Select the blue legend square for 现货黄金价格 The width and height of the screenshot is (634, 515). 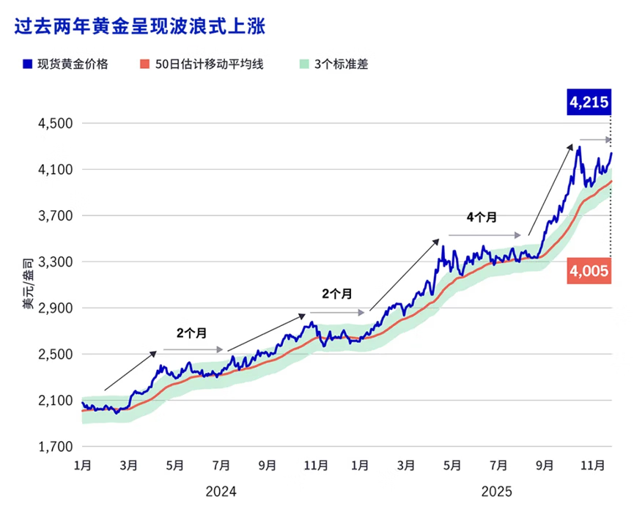click(27, 64)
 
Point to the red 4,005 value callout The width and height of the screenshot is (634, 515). click(588, 271)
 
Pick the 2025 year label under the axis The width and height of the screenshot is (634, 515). click(496, 491)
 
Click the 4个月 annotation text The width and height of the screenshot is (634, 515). click(482, 218)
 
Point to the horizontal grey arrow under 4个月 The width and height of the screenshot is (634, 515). click(484, 235)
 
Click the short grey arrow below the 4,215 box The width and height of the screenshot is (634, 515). click(595, 139)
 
